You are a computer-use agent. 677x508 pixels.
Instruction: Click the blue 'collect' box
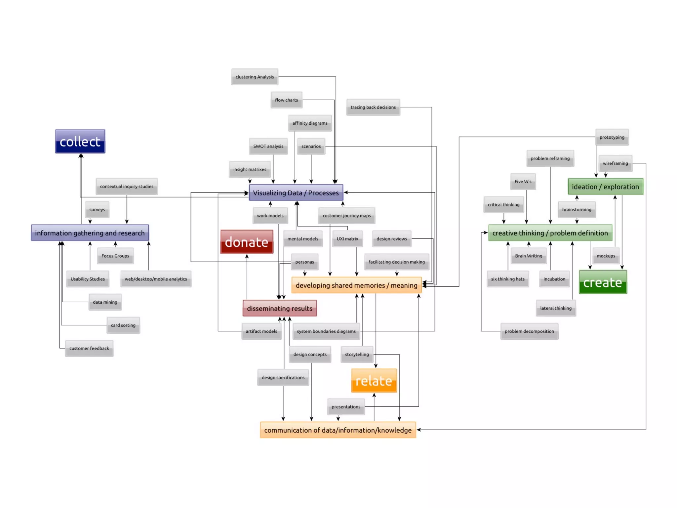[80, 141]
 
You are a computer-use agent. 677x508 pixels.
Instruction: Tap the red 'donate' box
[247, 242]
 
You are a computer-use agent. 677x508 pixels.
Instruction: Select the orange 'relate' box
[374, 381]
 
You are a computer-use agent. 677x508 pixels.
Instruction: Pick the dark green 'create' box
[603, 282]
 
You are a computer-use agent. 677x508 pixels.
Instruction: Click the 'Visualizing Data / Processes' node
[296, 192]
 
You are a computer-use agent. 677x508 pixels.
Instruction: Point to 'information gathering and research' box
[90, 233]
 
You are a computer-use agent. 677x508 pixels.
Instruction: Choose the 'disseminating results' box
[280, 308]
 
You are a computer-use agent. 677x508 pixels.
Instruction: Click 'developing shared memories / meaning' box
[356, 285]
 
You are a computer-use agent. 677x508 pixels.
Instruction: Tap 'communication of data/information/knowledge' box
[338, 430]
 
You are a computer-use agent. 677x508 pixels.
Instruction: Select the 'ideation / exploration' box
[605, 187]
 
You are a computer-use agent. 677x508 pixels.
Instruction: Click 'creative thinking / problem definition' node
[550, 233]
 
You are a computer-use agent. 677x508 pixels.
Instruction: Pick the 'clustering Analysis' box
[255, 77]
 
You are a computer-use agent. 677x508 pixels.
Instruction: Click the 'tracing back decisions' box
[373, 107]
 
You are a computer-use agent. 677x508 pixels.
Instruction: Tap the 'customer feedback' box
[89, 348]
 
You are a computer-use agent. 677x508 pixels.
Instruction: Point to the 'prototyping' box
[612, 137]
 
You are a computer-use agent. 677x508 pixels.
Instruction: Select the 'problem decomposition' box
[529, 331]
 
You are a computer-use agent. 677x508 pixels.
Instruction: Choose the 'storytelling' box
[357, 354]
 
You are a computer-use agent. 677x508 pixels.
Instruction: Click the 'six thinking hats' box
[508, 279]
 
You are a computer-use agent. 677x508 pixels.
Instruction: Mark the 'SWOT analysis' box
[268, 146]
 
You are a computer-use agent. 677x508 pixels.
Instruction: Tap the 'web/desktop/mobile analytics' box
[156, 279]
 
